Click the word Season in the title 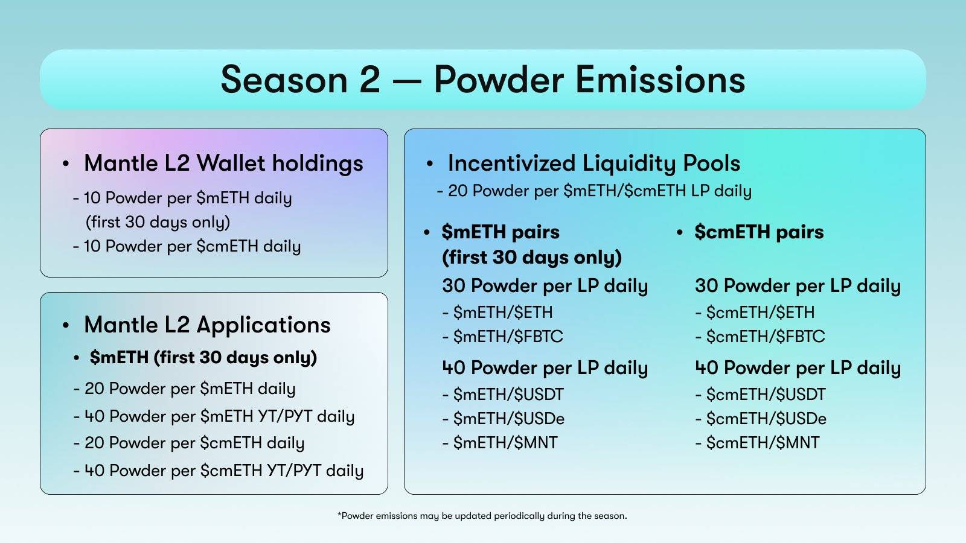coord(284,79)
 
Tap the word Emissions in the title coord(661,79)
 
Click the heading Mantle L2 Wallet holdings coord(223,164)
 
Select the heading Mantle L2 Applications coord(207,325)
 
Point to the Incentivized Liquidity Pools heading coord(594,164)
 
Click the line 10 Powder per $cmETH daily coord(187,246)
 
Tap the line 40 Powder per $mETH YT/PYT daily coord(214,416)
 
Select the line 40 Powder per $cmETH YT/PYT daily coord(218,471)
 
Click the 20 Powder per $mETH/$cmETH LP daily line coord(594,191)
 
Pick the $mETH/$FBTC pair coord(503,337)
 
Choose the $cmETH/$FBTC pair coord(760,337)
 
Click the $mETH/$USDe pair coord(504,419)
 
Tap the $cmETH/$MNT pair coord(758,443)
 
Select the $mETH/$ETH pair coord(497,313)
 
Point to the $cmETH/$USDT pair coord(761,395)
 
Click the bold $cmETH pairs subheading coord(759,232)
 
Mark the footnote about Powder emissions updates coord(482,516)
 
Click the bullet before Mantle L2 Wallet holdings coord(66,164)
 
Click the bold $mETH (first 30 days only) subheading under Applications coord(203,358)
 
